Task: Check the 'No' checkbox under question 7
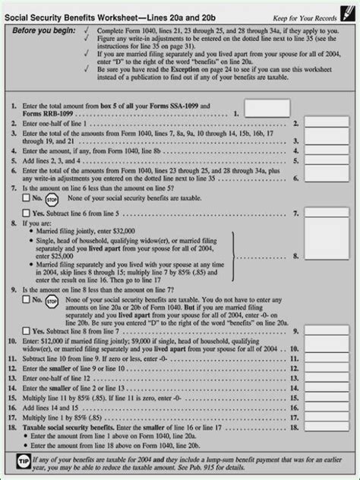point(27,197)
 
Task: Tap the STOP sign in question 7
point(52,197)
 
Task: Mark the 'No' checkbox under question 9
point(27,301)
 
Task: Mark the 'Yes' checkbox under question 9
point(27,331)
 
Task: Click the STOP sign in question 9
point(52,302)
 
